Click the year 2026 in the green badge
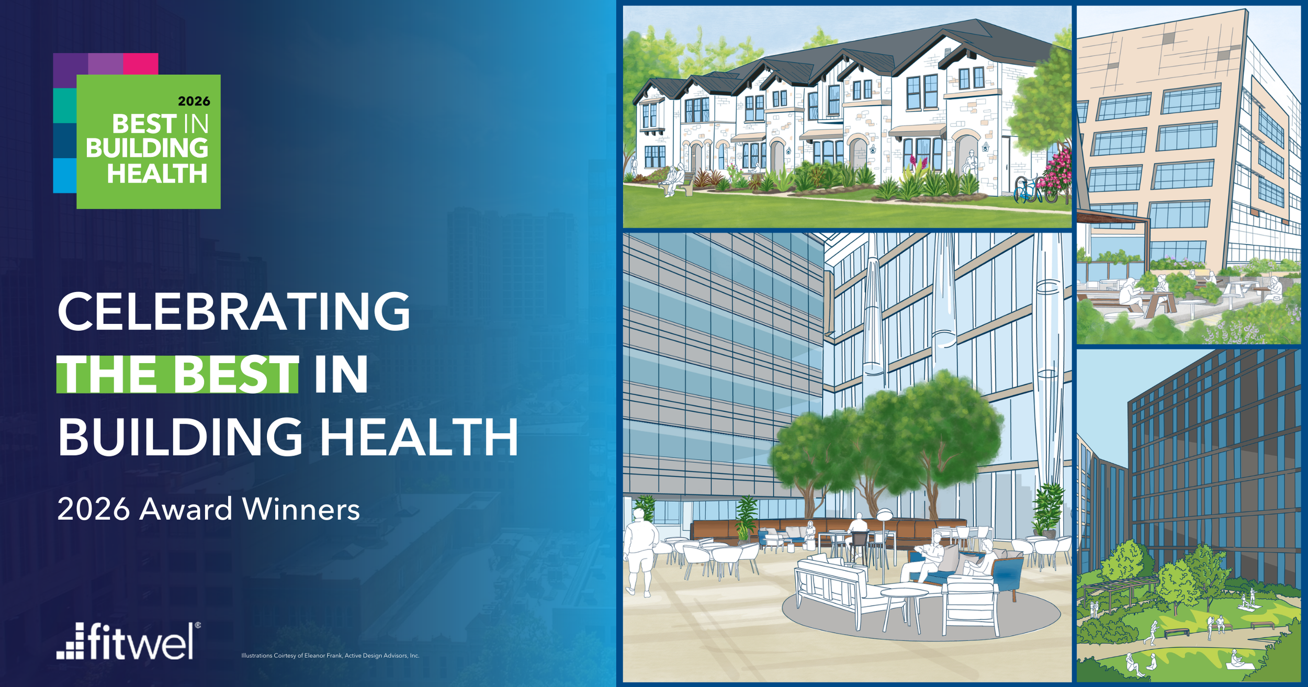click(194, 101)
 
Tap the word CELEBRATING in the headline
click(234, 312)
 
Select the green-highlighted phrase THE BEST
click(178, 374)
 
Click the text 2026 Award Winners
click(208, 509)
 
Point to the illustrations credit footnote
click(330, 656)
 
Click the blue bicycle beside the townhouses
click(1027, 190)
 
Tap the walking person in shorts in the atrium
click(640, 555)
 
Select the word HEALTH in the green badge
click(157, 174)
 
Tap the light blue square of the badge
click(64, 176)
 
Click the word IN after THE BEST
click(341, 374)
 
